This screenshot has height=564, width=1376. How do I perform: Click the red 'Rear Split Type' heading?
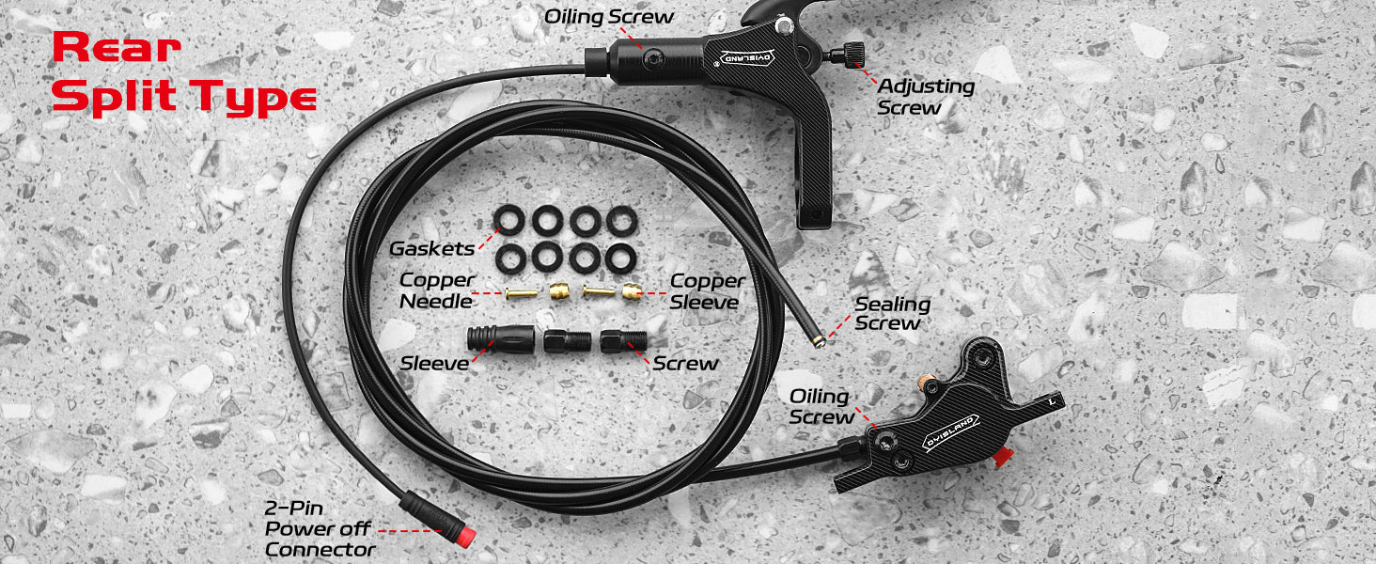(x=184, y=72)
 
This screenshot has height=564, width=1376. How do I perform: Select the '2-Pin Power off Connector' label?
(x=320, y=528)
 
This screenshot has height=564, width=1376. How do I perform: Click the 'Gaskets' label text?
(x=431, y=249)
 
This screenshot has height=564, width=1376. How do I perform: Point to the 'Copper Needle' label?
(x=437, y=290)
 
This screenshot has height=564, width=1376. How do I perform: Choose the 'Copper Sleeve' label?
(x=707, y=291)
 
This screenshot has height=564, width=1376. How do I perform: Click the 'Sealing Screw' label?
(x=893, y=313)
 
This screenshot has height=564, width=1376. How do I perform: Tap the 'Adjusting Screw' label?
(x=926, y=97)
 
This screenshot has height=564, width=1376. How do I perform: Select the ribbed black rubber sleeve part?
(x=501, y=338)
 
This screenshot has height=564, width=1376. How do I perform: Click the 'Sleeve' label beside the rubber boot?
(x=434, y=364)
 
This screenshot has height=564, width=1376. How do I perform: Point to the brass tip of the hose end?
(x=818, y=341)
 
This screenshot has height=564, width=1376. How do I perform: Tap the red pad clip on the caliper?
(x=1003, y=457)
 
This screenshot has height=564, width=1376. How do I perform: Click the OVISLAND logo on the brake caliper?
(x=951, y=433)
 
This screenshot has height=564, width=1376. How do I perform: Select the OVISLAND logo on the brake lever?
(x=747, y=57)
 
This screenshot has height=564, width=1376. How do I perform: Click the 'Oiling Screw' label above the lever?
(x=609, y=17)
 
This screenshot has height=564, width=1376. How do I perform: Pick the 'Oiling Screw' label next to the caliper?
(x=821, y=407)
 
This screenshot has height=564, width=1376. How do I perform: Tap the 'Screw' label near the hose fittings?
(x=685, y=364)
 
